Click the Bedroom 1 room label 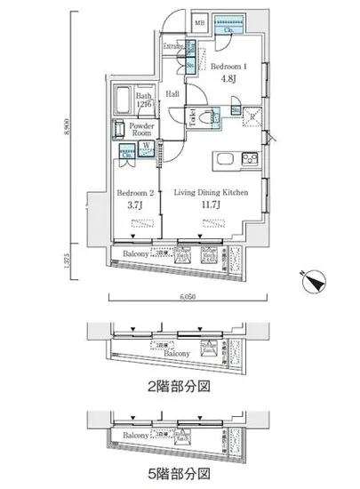(x=231, y=65)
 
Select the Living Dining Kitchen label (x=210, y=193)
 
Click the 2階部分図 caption (x=179, y=386)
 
